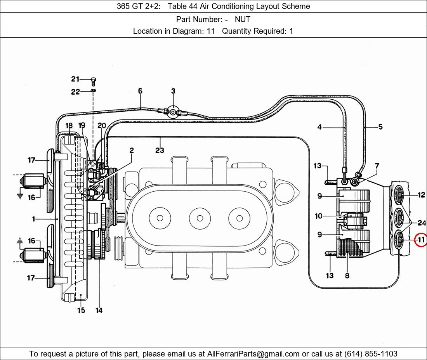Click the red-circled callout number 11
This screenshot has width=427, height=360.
coord(421,240)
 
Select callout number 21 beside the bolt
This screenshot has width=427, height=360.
coord(75,79)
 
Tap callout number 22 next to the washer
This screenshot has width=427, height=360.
coord(75,92)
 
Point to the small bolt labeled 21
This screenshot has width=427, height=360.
coord(93,81)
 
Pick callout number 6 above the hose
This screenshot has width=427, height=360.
coord(140,91)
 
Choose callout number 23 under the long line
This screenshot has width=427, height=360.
coord(160,150)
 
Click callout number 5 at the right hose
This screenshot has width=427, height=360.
coord(380,127)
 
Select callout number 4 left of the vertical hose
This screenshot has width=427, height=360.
coord(319,127)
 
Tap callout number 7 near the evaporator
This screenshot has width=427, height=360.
coord(377,166)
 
